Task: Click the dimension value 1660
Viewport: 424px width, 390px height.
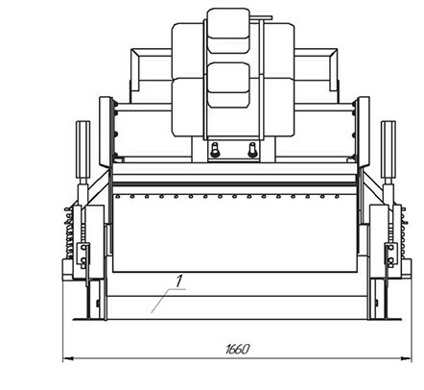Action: (237, 349)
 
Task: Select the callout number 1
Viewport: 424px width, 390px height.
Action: (178, 281)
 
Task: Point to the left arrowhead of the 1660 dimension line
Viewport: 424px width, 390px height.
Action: (67, 358)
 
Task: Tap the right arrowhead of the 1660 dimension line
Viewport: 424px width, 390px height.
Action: (407, 358)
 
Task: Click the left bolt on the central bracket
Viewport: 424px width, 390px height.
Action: (215, 150)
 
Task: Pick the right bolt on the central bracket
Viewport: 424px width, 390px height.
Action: (252, 150)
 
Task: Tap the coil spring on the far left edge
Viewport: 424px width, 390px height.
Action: (68, 232)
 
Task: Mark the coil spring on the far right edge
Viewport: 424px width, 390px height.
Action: (404, 232)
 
